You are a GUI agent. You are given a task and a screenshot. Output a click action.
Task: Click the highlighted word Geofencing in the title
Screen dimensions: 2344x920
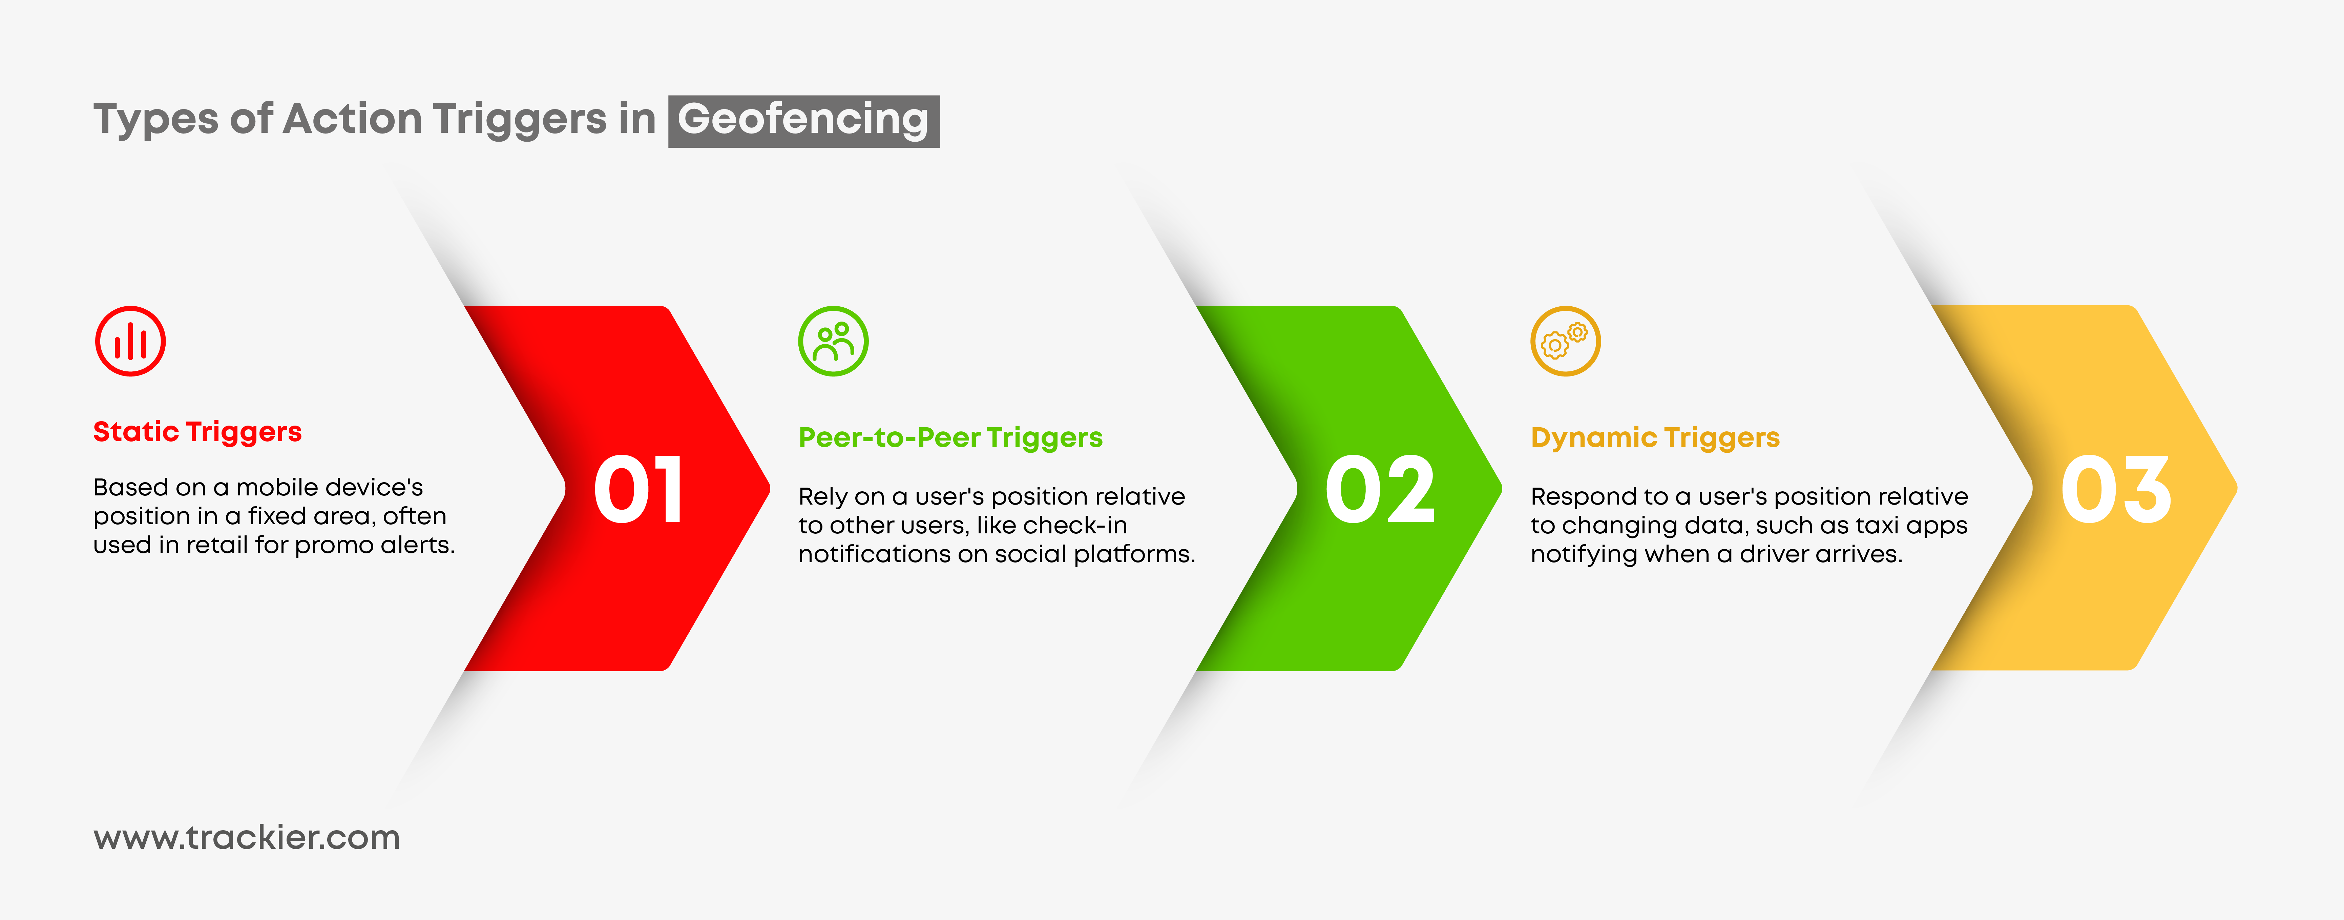(x=803, y=120)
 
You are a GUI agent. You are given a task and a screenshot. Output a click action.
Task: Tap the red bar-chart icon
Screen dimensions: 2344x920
(x=130, y=341)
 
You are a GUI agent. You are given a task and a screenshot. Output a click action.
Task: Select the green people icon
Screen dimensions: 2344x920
(x=834, y=341)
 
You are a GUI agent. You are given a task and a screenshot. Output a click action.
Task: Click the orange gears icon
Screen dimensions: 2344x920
(x=1565, y=341)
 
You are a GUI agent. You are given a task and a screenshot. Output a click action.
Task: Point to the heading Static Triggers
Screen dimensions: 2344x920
(x=197, y=432)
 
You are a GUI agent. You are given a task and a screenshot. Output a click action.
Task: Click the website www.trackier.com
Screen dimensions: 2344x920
(x=247, y=837)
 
